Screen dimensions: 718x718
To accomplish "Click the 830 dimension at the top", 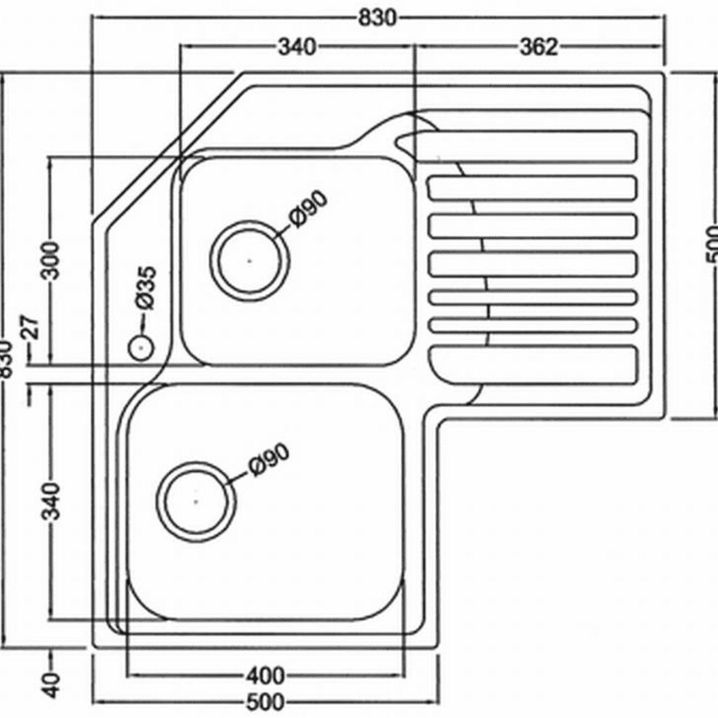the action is point(377,18).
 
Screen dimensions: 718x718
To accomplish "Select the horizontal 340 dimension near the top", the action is point(297,47).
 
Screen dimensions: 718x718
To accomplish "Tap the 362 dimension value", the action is point(539,47).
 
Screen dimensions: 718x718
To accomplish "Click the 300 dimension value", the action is point(50,260).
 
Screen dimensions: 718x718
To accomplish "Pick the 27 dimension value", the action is point(32,327).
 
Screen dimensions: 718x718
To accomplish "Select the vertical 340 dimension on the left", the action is point(50,501).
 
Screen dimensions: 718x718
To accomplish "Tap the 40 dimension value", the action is point(52,685).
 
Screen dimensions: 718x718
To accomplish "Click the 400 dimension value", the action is point(265,675).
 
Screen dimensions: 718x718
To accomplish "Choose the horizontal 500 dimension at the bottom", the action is point(265,702).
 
